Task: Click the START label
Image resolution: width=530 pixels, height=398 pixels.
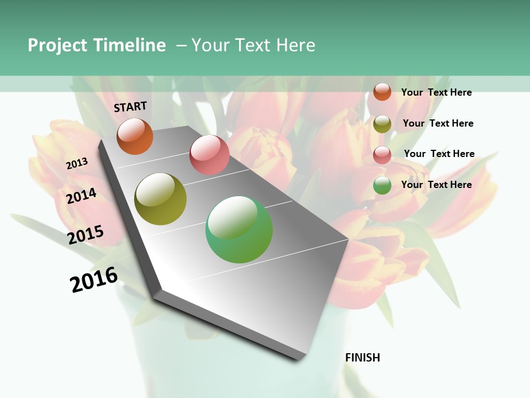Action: (x=130, y=107)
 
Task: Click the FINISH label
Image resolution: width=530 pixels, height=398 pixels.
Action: (x=363, y=358)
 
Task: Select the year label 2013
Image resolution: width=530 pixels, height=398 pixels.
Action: (x=77, y=164)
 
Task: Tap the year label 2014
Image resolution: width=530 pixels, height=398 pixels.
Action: (x=82, y=196)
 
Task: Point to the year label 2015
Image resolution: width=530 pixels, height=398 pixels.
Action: (x=86, y=235)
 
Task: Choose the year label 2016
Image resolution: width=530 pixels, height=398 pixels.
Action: (x=94, y=280)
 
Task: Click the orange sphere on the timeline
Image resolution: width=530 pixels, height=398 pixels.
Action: (x=135, y=136)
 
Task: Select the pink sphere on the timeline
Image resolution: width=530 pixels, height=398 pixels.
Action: (x=209, y=155)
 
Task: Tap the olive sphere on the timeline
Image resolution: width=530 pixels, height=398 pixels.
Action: (x=161, y=199)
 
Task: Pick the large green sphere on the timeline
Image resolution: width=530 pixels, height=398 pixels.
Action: (x=239, y=229)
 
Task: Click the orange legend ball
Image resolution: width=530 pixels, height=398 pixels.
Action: (x=382, y=92)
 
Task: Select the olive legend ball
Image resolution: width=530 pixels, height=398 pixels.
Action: (x=382, y=123)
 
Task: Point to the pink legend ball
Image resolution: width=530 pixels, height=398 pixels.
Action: (x=382, y=154)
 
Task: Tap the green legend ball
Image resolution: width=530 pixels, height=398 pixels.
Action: (x=382, y=185)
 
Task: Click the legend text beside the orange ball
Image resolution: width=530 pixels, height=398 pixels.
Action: (x=436, y=92)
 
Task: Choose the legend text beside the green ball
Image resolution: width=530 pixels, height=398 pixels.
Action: (x=436, y=185)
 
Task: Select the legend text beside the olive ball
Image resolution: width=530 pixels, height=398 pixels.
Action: (x=438, y=123)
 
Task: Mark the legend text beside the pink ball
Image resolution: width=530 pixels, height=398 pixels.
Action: (x=439, y=154)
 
